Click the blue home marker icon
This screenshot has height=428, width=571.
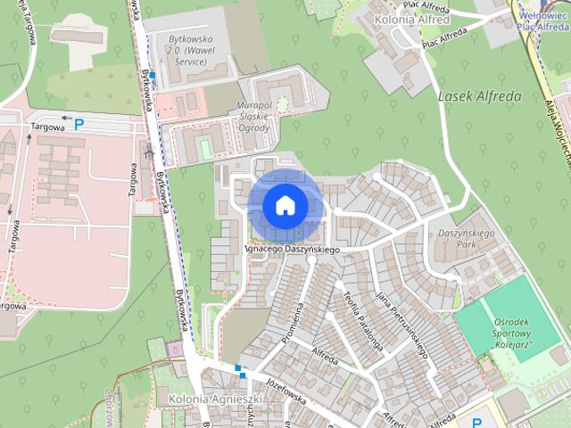pos(285,205)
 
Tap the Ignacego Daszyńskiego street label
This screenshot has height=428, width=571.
pos(294,251)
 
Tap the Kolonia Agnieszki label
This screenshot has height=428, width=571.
pos(206,399)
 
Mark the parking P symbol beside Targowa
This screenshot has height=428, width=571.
pos(79,126)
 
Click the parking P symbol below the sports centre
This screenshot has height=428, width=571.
pos(476,423)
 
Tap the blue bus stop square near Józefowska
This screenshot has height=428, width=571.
pos(238,367)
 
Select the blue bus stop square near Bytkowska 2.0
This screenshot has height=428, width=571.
pos(153,77)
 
